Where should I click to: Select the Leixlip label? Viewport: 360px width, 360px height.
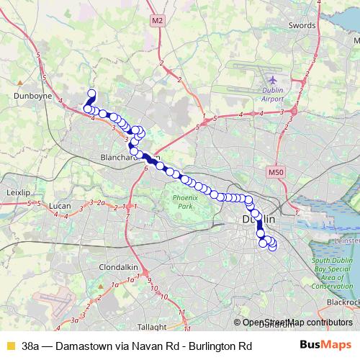point(16,193)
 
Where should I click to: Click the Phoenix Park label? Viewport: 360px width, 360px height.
point(187,201)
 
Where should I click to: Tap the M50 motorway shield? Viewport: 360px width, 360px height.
point(275,173)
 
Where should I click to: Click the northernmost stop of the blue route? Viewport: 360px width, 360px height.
point(91,93)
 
